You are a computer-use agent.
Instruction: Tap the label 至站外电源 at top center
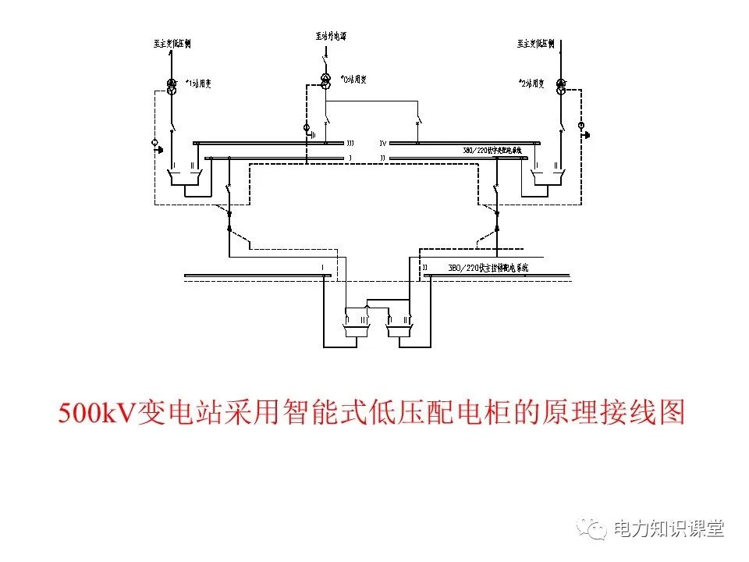331,36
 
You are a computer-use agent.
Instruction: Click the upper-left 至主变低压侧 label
172,44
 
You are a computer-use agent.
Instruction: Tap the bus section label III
350,144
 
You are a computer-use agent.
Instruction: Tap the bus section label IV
382,144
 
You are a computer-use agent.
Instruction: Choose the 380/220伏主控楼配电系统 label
488,267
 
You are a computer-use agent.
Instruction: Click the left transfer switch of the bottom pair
357,322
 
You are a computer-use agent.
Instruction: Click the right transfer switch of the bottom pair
402,322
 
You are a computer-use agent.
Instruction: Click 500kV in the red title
97,412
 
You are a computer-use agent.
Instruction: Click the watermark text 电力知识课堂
669,528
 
